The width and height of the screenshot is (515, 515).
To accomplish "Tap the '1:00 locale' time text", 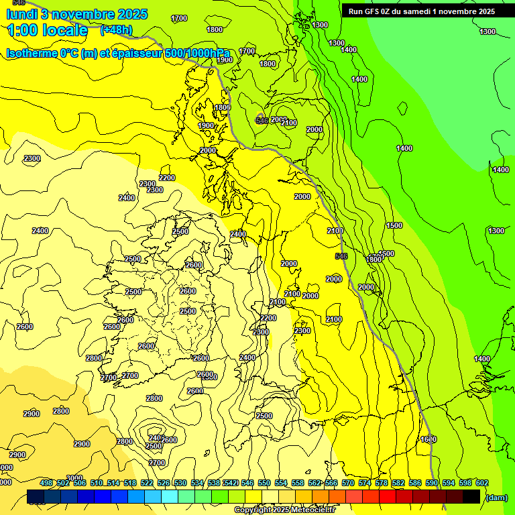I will pyautogui.click(x=47, y=30).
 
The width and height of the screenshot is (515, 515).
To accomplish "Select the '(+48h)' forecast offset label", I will pyautogui.click(x=116, y=30).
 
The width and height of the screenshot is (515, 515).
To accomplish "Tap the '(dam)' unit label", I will pyautogui.click(x=496, y=498).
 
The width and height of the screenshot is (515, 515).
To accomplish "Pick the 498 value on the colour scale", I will pyautogui.click(x=46, y=483).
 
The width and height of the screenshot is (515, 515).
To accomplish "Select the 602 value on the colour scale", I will pyautogui.click(x=482, y=483).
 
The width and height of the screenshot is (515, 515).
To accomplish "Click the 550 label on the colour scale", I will pyautogui.click(x=264, y=483).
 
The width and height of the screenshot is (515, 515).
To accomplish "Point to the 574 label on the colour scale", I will pyautogui.click(x=365, y=483).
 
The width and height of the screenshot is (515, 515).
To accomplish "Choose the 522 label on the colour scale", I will pyautogui.click(x=147, y=483).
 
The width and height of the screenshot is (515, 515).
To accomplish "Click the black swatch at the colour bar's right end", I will pyautogui.click(x=471, y=496).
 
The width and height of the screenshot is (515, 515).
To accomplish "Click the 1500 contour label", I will pyautogui.click(x=394, y=225).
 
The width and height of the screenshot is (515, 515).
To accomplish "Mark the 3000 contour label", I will pyautogui.click(x=74, y=477).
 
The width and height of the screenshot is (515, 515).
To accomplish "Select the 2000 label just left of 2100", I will pyautogui.click(x=278, y=119).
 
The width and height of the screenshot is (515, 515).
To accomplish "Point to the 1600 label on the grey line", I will pyautogui.click(x=428, y=439).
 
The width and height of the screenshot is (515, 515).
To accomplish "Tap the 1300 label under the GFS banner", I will pyautogui.click(x=321, y=25).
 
